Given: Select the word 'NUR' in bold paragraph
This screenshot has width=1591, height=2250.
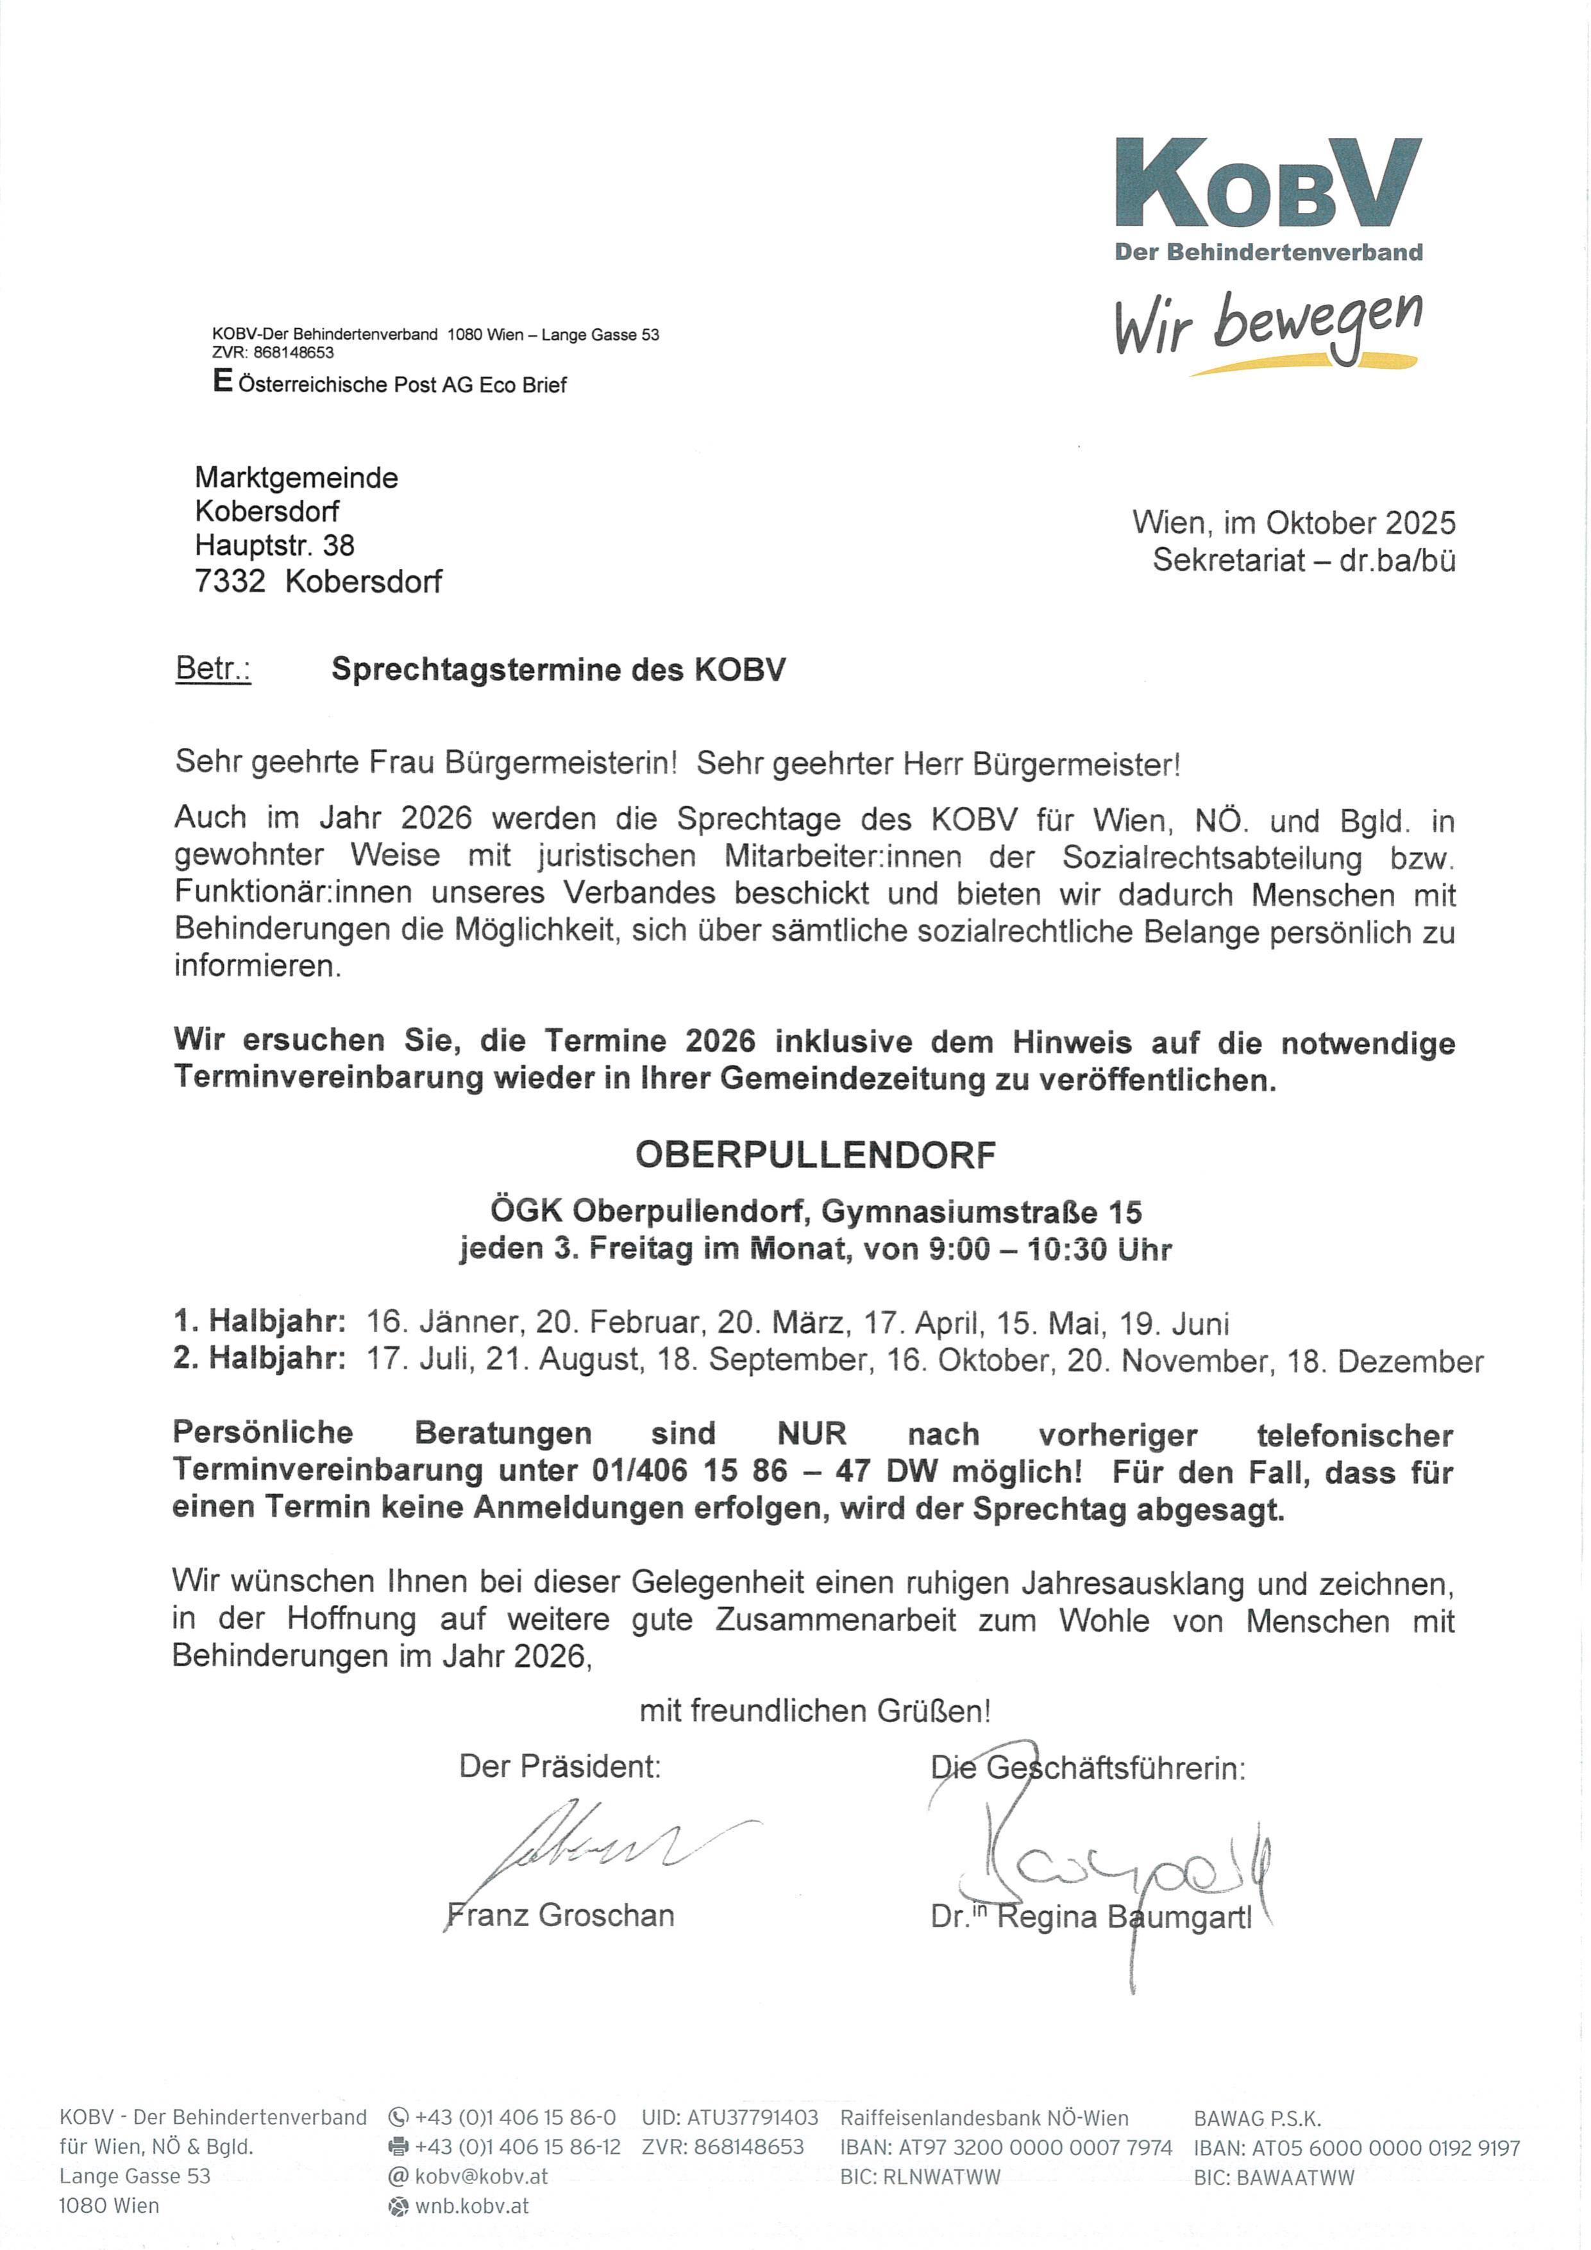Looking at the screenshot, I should click(x=811, y=1434).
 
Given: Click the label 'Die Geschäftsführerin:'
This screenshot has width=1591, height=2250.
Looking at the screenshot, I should click(x=1088, y=1767).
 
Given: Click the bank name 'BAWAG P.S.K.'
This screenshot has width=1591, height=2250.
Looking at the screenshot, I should click(x=1257, y=2119).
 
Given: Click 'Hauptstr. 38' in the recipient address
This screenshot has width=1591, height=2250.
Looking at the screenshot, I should click(x=274, y=545).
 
